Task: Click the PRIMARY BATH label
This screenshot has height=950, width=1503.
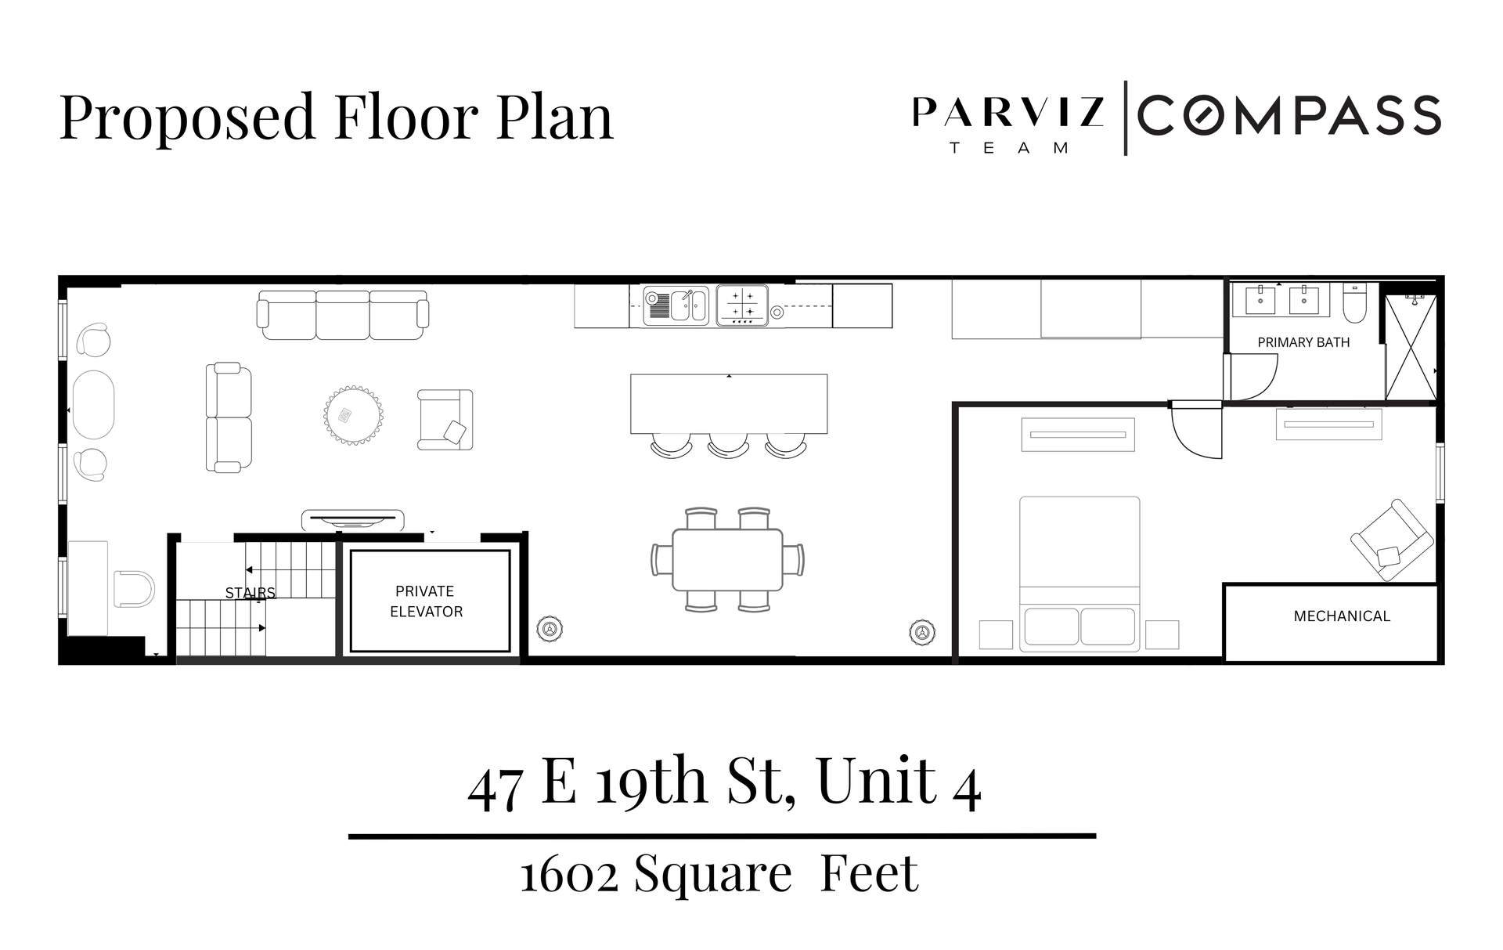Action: [1303, 342]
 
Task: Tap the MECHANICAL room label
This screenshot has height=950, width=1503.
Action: [1342, 616]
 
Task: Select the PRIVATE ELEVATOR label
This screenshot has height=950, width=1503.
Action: [426, 601]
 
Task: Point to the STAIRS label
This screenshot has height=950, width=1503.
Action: [250, 593]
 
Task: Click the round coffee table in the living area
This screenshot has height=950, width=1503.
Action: [354, 415]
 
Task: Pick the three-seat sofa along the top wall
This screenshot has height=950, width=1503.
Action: [343, 315]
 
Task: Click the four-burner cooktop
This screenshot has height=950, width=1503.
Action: [742, 305]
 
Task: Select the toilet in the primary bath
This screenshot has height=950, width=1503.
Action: [1354, 304]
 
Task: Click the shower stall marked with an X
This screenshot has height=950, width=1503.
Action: [1411, 347]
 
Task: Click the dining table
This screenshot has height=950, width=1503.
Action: [727, 560]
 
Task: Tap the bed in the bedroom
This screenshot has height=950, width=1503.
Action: [1079, 573]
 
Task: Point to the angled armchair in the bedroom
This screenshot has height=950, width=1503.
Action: [1391, 540]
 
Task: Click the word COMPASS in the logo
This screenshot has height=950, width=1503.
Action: [1289, 116]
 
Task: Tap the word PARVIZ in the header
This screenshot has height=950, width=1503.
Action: [1008, 113]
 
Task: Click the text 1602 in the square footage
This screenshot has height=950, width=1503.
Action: [568, 875]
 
